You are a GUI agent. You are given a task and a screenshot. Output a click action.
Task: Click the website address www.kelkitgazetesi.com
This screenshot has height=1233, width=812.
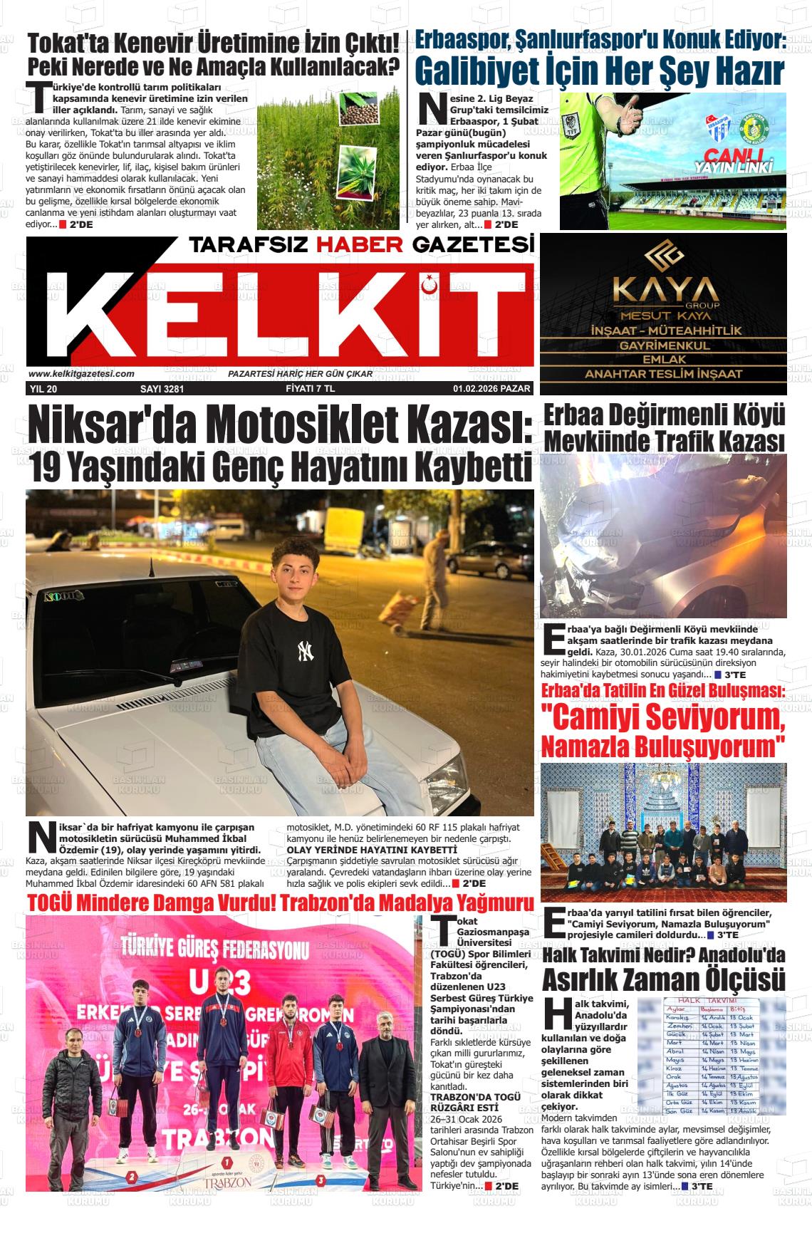pos(81,373)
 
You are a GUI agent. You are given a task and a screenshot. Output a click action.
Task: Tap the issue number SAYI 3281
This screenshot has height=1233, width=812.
pos(162,389)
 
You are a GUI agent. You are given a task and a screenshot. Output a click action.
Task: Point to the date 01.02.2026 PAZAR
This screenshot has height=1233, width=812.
pos(491,389)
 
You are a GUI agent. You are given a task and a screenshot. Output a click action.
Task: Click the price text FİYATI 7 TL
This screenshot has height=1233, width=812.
pos(304,389)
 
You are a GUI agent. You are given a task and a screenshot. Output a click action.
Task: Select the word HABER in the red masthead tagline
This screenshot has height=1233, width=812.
pos(360,245)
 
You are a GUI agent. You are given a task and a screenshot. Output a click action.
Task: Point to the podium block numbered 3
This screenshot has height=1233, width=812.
pos(322,1180)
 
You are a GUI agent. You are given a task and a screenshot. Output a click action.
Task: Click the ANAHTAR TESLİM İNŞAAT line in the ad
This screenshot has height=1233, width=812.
pos(663,374)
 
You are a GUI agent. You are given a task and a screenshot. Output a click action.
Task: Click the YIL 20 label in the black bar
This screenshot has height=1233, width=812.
pos(43,389)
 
